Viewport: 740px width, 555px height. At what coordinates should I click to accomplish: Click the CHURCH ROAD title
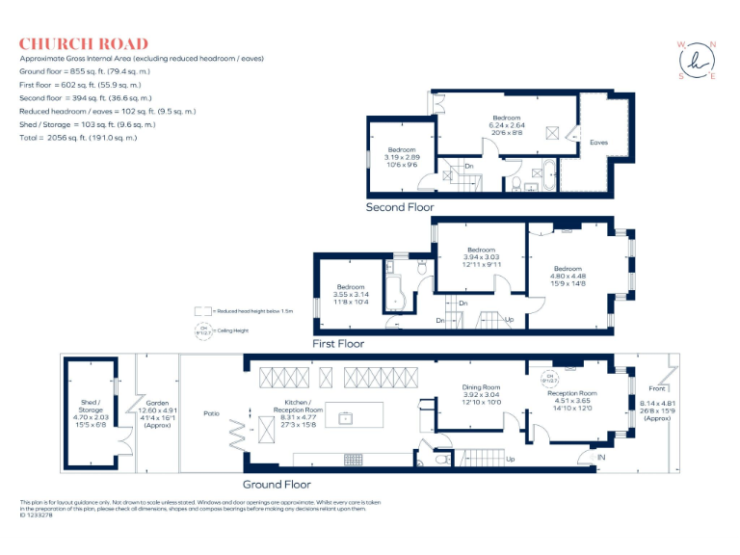click(84, 43)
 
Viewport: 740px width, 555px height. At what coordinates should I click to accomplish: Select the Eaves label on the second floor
click(598, 143)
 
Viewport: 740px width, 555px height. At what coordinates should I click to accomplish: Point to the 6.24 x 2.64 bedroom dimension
click(506, 124)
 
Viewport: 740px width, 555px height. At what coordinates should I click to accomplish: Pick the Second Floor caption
click(400, 207)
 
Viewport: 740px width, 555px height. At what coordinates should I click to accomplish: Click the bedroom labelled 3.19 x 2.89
click(402, 156)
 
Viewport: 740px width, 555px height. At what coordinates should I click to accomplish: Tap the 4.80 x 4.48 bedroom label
click(568, 276)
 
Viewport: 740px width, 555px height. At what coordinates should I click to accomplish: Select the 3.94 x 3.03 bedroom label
click(481, 256)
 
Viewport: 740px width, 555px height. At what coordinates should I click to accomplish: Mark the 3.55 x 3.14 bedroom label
click(351, 294)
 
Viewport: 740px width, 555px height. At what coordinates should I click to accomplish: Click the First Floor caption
click(337, 343)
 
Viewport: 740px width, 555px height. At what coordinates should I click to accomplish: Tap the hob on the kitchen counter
click(353, 459)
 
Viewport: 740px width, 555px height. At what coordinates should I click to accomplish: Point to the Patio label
click(211, 414)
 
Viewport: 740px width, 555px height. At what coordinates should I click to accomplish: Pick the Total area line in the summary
click(78, 138)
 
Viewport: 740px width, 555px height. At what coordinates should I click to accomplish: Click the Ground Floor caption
click(277, 485)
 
